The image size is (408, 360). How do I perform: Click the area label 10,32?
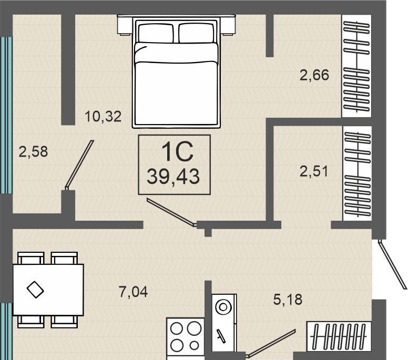click(x=103, y=117)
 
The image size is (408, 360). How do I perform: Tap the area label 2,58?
click(x=33, y=152)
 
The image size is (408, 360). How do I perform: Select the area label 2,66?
click(x=314, y=75)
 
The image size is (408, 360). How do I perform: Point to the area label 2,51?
click(x=314, y=172)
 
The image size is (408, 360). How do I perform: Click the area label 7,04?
click(x=133, y=292)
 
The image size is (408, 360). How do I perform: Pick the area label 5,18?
click(x=288, y=300)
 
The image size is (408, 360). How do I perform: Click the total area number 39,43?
click(x=174, y=177)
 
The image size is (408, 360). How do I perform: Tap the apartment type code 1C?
click(x=178, y=152)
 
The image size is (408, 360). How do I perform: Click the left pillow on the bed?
click(x=156, y=33)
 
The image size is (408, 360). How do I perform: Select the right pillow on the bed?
click(x=197, y=33)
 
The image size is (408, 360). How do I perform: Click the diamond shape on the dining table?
click(x=35, y=290)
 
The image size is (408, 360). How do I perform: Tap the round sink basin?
click(x=223, y=307)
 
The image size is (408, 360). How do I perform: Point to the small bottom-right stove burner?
click(x=194, y=345)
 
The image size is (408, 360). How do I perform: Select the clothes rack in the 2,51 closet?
click(x=358, y=174)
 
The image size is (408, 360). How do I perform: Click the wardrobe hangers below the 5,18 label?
click(x=339, y=335)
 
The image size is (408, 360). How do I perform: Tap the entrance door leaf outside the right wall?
click(x=392, y=264)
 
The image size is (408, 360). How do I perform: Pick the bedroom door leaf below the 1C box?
click(x=172, y=212)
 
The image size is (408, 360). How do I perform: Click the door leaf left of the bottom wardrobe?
click(x=271, y=343)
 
